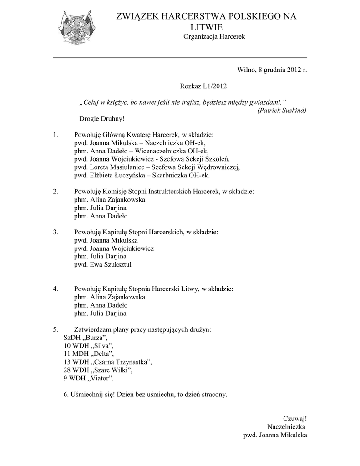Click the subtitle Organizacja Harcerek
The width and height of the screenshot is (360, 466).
click(214, 36)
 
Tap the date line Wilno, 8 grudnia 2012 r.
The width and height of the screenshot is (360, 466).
click(272, 70)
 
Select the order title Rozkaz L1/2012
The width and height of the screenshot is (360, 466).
click(203, 86)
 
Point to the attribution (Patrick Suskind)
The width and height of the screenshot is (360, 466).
click(282, 111)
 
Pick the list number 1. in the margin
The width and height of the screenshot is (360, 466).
click(55, 135)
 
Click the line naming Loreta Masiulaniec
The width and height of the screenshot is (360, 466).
click(157, 167)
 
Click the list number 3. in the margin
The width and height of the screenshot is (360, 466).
click(55, 232)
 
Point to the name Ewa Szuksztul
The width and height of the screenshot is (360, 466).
click(112, 264)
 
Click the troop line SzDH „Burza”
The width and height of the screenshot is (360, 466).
click(86, 338)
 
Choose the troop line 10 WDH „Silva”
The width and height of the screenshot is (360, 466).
click(88, 346)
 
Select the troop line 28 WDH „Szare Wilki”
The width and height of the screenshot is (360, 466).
click(98, 370)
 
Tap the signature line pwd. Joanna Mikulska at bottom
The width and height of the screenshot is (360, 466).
click(275, 435)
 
